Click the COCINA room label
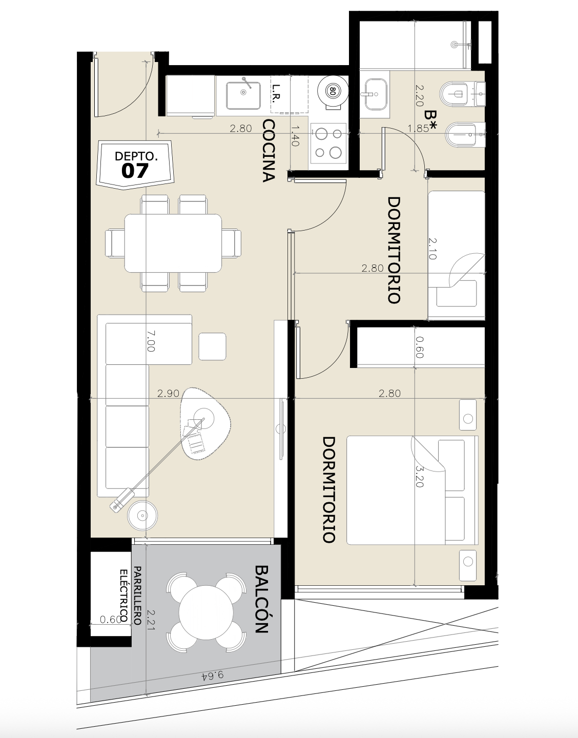point(269,151)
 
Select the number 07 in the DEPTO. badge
point(135,171)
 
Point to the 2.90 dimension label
point(169,393)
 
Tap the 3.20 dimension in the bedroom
point(419,476)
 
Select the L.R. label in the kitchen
point(276,92)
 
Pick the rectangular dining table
point(173,243)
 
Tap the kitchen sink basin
point(243,95)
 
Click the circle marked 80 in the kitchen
point(332,91)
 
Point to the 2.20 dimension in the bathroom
point(420,95)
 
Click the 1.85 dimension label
point(418,128)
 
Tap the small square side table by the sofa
point(213,346)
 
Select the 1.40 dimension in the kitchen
point(295,136)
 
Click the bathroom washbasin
point(376,94)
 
